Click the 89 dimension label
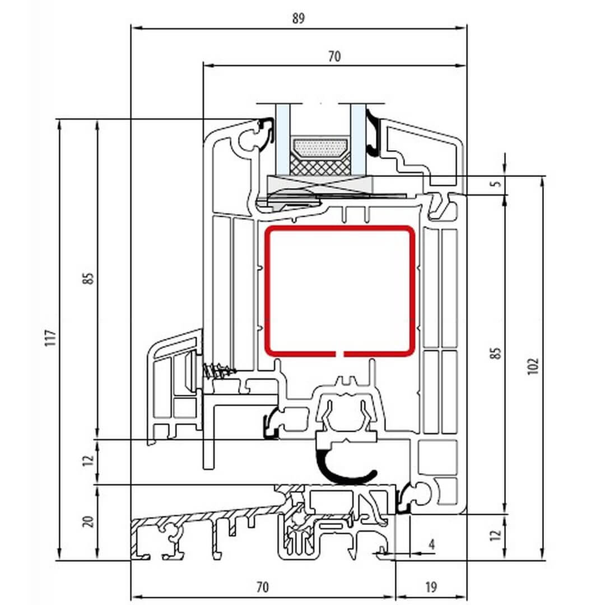298,18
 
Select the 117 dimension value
51,338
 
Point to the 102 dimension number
533,366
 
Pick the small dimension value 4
432,544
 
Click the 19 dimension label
431,587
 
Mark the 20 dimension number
89,522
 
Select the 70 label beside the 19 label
262,587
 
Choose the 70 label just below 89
334,57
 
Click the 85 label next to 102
496,353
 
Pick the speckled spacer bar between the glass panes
320,148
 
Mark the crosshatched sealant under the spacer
320,165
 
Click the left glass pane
282,139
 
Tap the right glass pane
358,139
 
